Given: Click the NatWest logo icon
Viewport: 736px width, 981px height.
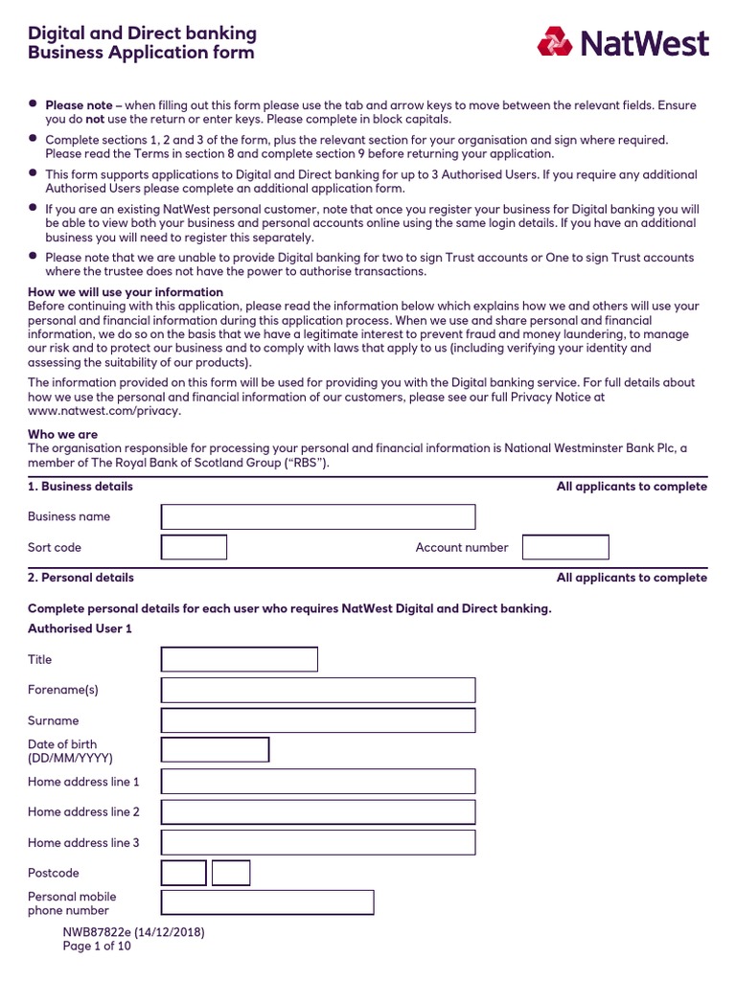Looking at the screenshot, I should (554, 42).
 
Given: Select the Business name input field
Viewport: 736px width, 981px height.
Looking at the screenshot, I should (317, 517).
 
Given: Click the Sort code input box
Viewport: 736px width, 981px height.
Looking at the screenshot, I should (194, 548).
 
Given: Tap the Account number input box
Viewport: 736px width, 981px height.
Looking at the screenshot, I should (565, 548).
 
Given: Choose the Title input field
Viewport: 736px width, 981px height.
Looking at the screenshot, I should (239, 660).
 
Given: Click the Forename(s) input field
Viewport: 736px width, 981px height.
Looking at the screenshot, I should (317, 691).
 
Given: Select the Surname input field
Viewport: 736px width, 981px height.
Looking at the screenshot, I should (317, 720).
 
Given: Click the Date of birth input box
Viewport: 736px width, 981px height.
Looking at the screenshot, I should (215, 750).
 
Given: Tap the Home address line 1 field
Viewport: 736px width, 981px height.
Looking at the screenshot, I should (317, 782).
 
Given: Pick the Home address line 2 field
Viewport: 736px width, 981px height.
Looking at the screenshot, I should (317, 812).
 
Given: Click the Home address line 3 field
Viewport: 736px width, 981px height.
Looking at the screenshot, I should (317, 843).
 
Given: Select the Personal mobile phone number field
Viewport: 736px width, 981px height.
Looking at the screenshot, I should (266, 903).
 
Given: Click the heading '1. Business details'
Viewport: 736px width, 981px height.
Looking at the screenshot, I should (80, 487).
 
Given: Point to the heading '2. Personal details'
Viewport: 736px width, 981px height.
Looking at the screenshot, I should (80, 578).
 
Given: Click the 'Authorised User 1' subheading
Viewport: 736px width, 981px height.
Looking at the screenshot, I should (80, 628).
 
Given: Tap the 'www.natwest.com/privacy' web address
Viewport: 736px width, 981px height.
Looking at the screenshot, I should (103, 411).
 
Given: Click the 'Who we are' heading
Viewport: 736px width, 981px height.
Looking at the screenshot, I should (62, 434).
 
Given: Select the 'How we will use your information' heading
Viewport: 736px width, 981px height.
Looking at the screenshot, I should (126, 292).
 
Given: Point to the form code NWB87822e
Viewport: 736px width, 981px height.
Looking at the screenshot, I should (101, 932).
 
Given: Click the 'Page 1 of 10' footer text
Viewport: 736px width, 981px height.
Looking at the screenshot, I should (97, 947).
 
